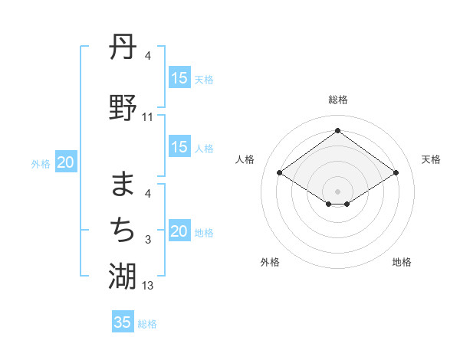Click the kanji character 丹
(123, 47)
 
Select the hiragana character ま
(123, 184)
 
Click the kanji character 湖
(123, 275)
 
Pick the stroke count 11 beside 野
(148, 117)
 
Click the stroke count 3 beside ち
(148, 240)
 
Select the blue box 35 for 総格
(123, 322)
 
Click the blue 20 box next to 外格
(66, 162)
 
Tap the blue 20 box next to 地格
(179, 231)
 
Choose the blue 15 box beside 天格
(179, 78)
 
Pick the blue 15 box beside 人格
(179, 147)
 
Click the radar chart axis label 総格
(338, 100)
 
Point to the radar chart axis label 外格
(270, 262)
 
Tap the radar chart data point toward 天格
(396, 173)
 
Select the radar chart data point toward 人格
(280, 173)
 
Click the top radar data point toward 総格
(337, 130)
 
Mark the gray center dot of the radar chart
(337, 190)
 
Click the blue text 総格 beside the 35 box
(147, 324)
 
